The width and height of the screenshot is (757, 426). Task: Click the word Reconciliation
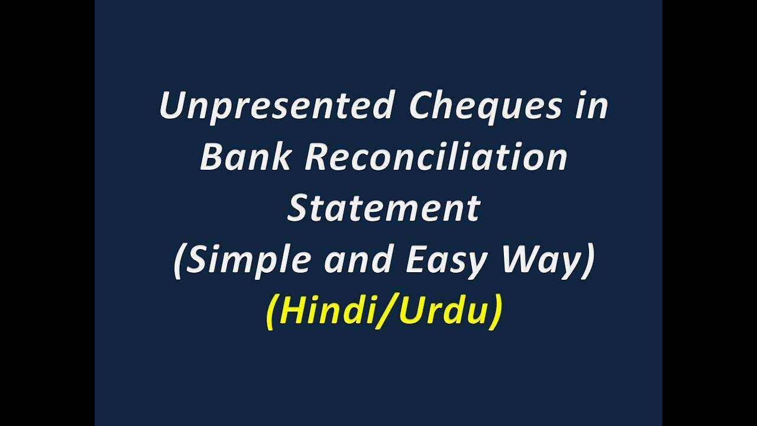[435, 158]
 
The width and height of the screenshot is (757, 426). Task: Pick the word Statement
[383, 208]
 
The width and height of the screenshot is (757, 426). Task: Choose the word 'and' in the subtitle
[355, 260]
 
